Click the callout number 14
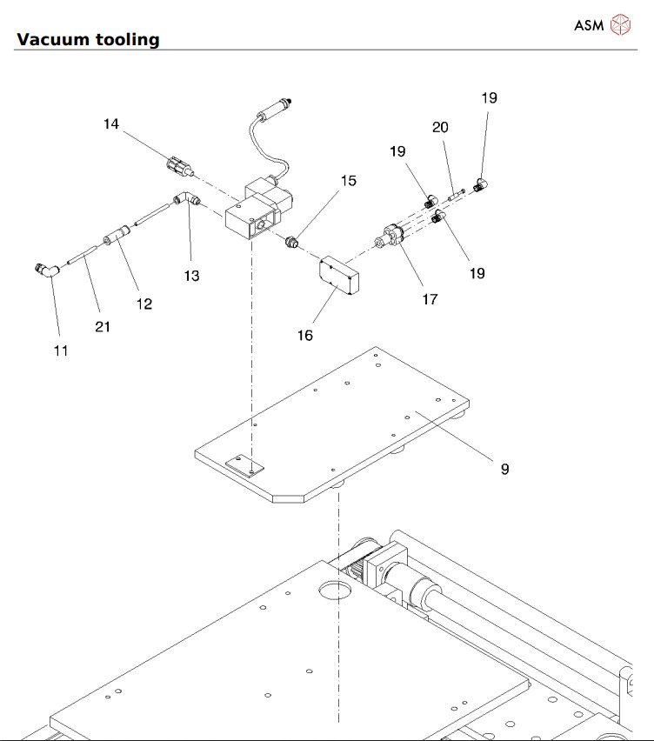click(110, 124)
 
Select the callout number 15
click(349, 181)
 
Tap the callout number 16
click(304, 335)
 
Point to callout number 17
click(430, 299)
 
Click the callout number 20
click(440, 127)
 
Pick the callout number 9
click(504, 469)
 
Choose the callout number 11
click(60, 350)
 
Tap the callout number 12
click(143, 304)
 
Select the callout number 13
click(191, 276)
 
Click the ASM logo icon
click(621, 25)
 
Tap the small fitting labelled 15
click(293, 240)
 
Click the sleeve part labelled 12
click(117, 236)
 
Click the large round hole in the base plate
click(334, 592)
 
